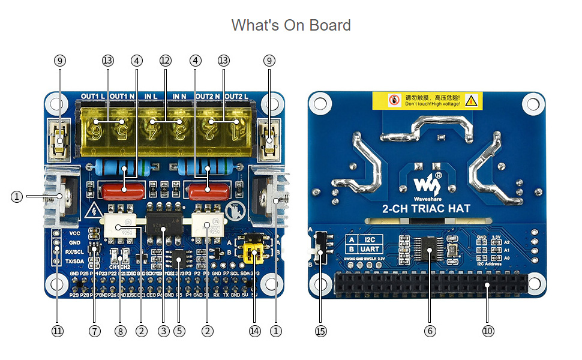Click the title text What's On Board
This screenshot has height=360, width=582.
pos(291,25)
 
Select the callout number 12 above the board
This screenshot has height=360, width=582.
pos(166,61)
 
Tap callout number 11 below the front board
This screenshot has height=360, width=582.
pos(58,331)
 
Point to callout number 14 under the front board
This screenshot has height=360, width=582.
pos(255,331)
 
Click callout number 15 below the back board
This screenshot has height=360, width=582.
pos(321,331)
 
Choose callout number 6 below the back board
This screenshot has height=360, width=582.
pos(430,331)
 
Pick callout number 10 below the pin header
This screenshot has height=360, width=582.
pos(487,331)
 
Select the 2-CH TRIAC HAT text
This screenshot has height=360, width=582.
pos(426,209)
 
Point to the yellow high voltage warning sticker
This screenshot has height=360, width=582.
pos(427,100)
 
